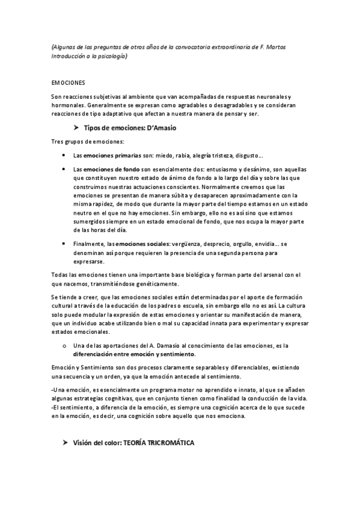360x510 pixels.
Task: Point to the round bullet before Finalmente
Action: tap(63, 244)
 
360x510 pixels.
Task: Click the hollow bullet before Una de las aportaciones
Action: tap(63, 346)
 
